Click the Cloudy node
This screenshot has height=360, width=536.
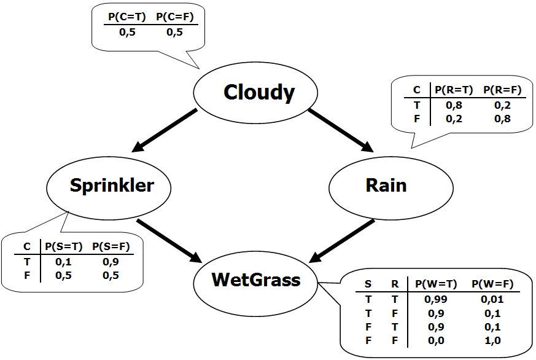pos(255,92)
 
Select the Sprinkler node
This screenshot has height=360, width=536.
pos(109,187)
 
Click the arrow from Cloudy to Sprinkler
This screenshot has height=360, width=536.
pos(164,130)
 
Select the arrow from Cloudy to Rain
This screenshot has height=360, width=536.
pos(341,130)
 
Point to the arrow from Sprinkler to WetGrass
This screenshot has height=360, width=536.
pos(169,241)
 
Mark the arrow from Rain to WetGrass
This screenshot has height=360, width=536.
pos(342,241)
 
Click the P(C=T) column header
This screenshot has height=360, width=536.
pos(127,17)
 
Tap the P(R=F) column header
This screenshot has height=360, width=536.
pos(502,90)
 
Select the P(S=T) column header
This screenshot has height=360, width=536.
pos(64,246)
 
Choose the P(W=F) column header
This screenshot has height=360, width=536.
pos(493,284)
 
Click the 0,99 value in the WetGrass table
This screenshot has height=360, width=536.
pos(435,299)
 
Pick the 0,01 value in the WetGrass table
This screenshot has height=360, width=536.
pos(492,299)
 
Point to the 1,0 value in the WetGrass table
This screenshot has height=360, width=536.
pos(492,340)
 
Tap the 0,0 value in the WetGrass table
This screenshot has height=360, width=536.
pos(436,340)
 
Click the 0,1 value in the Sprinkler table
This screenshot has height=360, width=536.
pos(64,262)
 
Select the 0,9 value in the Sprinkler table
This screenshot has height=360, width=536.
pos(111,262)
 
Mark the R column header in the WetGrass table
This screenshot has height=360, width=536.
pos(395,284)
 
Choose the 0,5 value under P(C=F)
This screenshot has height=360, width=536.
pos(175,32)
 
